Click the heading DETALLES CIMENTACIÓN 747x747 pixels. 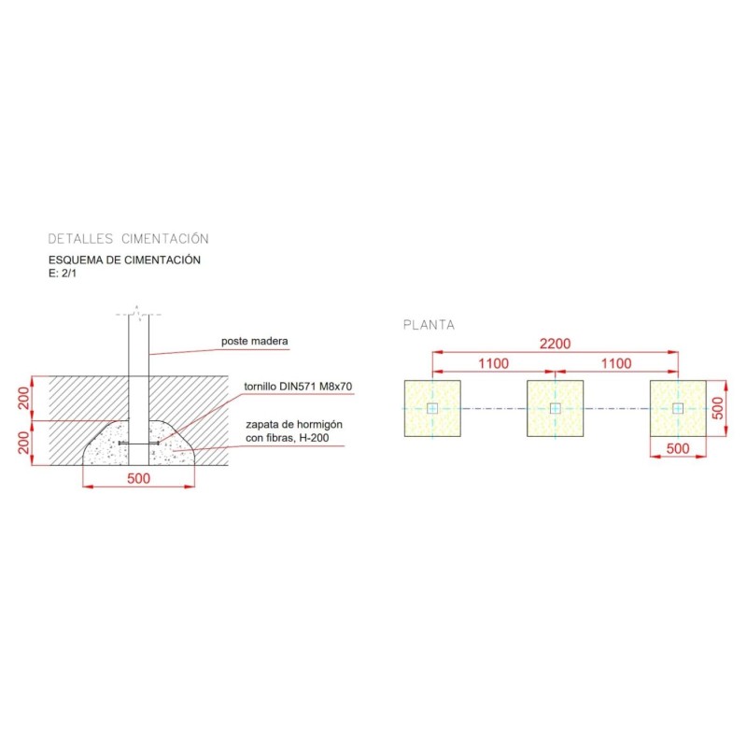pyautogui.click(x=128, y=239)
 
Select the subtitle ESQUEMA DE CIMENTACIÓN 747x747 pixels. pyautogui.click(x=124, y=261)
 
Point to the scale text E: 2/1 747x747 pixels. pyautogui.click(x=63, y=274)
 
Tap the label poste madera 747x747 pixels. pyautogui.click(x=254, y=341)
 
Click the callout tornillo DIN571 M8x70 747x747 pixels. pyautogui.click(x=298, y=387)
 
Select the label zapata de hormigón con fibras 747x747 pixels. pyautogui.click(x=294, y=431)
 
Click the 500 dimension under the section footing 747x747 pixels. pyautogui.click(x=138, y=478)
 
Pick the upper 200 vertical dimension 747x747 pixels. pyautogui.click(x=24, y=399)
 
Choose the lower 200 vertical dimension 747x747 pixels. pyautogui.click(x=24, y=443)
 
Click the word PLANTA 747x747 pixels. pyautogui.click(x=429, y=325)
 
